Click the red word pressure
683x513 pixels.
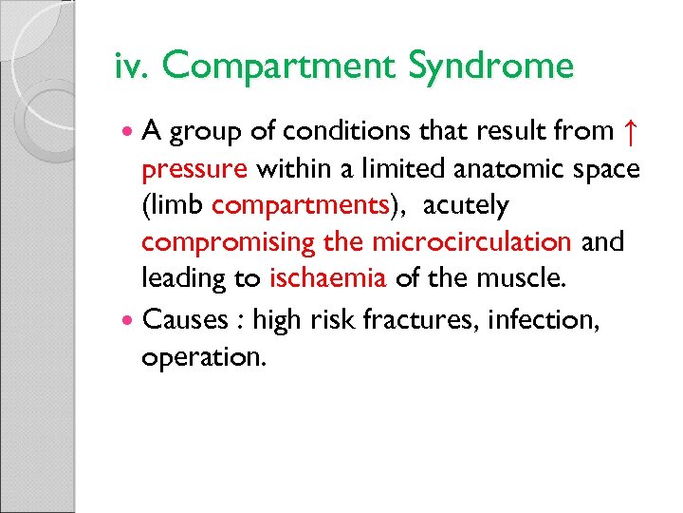194,170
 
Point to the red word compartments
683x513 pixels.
300,205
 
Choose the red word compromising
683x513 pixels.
228,242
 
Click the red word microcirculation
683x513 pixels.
471,241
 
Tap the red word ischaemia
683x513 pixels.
327,277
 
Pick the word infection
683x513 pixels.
544,320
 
